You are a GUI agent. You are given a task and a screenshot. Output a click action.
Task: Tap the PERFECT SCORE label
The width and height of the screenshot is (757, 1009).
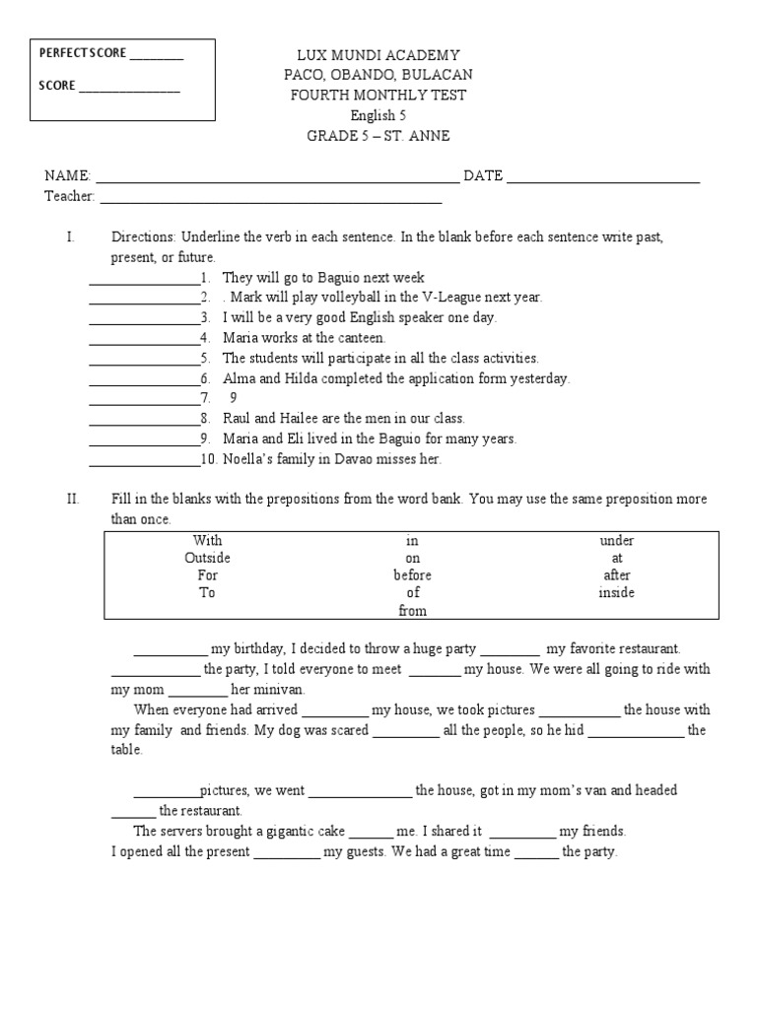tap(83, 53)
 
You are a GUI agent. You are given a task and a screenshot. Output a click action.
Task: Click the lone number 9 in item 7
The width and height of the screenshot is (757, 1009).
tap(234, 398)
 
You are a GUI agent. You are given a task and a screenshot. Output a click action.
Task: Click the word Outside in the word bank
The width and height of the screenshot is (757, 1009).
tap(207, 558)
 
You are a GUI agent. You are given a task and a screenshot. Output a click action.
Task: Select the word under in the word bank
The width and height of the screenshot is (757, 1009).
tap(616, 540)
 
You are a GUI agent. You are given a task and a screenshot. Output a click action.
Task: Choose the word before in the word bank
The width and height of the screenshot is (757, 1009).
tap(413, 575)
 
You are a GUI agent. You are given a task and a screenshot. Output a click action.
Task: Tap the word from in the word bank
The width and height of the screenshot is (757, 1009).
tap(413, 611)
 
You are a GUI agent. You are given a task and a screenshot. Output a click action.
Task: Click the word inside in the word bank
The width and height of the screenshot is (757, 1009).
tap(616, 593)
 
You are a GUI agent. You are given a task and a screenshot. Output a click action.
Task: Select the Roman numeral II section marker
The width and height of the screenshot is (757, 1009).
tap(72, 500)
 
